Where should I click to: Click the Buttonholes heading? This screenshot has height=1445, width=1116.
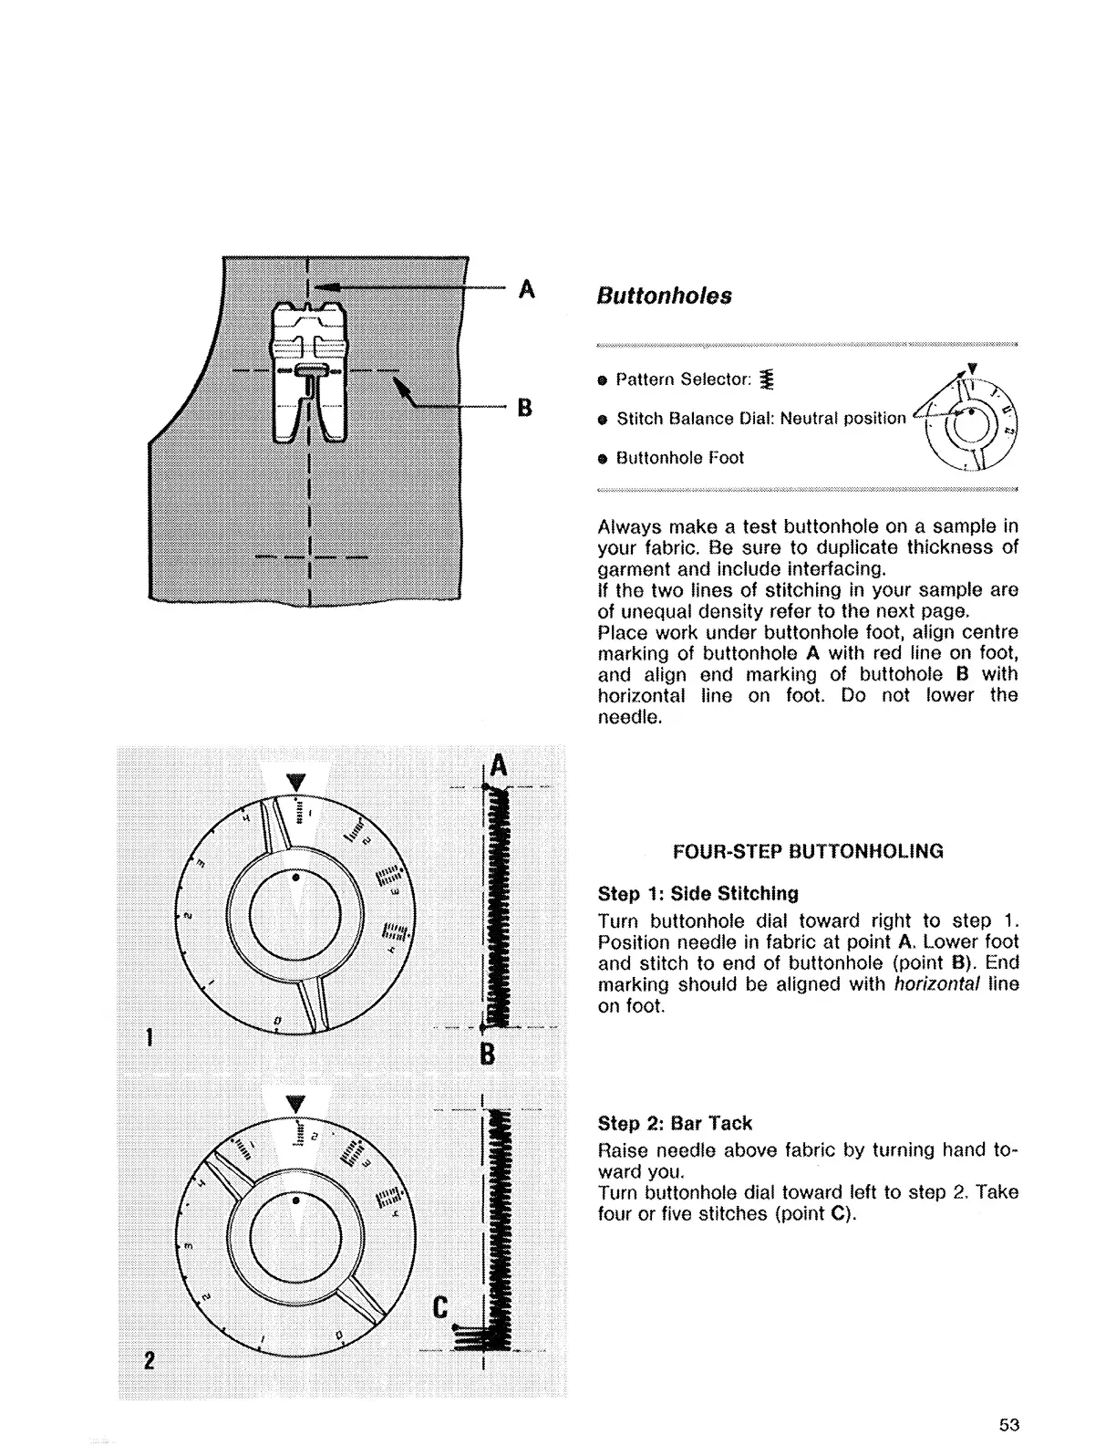tap(664, 296)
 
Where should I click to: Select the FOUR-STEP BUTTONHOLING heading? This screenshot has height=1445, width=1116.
tap(807, 852)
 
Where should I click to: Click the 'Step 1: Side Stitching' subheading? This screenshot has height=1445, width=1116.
tap(697, 894)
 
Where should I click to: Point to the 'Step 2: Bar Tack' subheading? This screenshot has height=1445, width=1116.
tap(675, 1124)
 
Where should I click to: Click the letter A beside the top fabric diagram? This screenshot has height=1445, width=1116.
tap(526, 289)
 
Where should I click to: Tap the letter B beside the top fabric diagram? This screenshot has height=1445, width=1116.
tap(525, 408)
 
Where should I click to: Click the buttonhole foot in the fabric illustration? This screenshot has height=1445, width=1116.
tap(310, 369)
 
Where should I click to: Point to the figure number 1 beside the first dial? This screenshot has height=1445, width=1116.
tap(149, 1037)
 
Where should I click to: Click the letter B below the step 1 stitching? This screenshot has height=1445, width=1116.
tap(487, 1055)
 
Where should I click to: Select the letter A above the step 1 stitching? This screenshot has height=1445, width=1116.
tap(497, 764)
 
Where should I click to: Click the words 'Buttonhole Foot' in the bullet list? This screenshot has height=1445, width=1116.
tap(680, 458)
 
